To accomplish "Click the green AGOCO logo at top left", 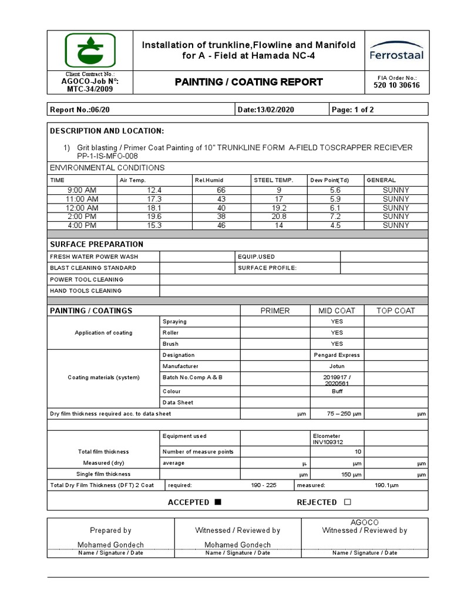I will tap(90, 50).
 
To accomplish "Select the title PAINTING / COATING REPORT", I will tap(248, 82).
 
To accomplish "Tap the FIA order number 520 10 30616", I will tap(396, 86).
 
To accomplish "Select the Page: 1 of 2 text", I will tap(352, 110).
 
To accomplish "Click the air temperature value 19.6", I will tap(155, 217).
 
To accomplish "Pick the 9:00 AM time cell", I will tap(82, 190).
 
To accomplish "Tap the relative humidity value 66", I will tap(221, 190).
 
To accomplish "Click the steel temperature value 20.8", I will tap(279, 217).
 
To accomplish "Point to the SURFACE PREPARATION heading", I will tap(96, 244).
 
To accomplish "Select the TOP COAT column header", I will tap(396, 310).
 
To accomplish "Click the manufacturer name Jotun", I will tap(336, 366).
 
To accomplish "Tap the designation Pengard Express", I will tap(336, 355).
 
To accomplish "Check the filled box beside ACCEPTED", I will tap(218, 502).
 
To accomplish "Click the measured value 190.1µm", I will tap(386, 485).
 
